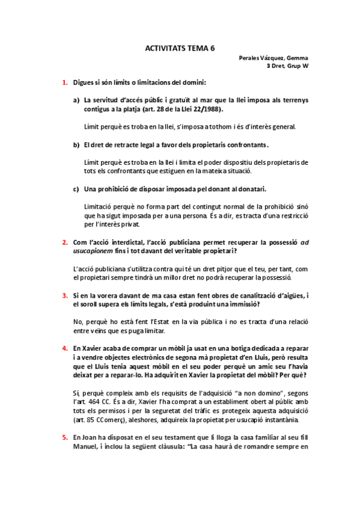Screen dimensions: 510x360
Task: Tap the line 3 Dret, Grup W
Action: tap(288, 66)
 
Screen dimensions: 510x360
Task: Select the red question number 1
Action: tap(65, 82)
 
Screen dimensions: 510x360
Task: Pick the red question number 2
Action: tap(65, 242)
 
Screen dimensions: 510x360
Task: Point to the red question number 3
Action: tap(65, 295)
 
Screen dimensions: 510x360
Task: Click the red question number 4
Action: tap(65, 348)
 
